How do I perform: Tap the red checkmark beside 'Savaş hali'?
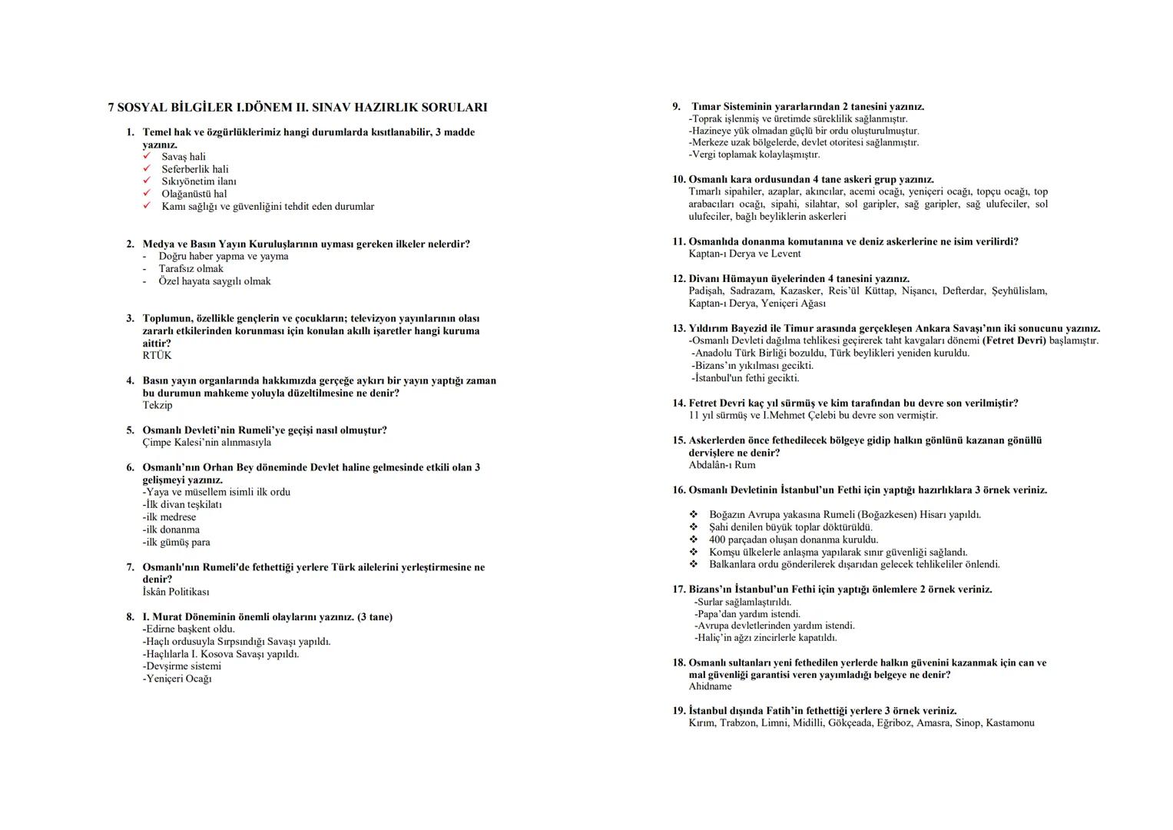click(x=147, y=157)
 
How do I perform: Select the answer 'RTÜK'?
click(x=157, y=356)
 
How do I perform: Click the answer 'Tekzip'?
click(x=157, y=406)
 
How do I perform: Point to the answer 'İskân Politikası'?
click(x=176, y=593)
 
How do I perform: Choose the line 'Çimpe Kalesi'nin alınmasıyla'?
click(x=207, y=443)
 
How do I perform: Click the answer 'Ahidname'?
click(x=710, y=687)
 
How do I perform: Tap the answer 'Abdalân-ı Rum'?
click(x=721, y=465)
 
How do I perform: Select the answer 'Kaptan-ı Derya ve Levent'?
click(x=744, y=254)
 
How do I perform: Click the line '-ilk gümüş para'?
click(x=176, y=543)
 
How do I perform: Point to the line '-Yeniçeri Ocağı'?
click(x=177, y=679)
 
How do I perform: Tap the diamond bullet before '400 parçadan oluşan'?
click(x=693, y=539)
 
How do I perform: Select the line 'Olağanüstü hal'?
click(x=194, y=194)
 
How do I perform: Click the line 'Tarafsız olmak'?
click(x=191, y=269)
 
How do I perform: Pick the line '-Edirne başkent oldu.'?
click(x=188, y=629)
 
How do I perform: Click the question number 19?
click(x=678, y=711)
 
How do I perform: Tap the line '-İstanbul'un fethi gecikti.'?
click(x=744, y=378)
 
